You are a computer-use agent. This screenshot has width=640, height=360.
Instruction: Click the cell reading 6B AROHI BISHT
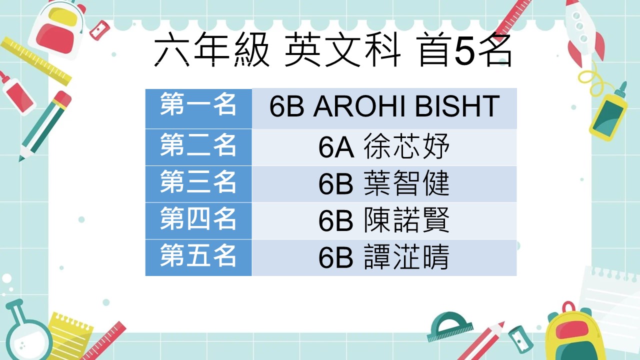[384, 108]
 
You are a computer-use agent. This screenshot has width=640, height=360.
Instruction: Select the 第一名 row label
[198, 108]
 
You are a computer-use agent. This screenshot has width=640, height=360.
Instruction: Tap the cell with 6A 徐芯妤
[384, 147]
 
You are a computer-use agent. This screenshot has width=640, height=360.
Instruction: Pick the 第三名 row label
[198, 184]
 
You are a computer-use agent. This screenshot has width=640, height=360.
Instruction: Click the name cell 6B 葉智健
[384, 184]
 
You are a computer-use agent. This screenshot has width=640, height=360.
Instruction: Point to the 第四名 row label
[198, 221]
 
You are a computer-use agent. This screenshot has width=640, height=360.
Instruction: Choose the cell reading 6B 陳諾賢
[384, 221]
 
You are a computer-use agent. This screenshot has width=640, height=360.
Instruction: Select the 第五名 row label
[198, 257]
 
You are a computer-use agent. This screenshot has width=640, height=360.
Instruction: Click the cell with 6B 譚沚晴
[384, 257]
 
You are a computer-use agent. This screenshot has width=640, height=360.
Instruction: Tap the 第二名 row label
[198, 147]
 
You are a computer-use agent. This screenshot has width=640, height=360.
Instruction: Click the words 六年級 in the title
[211, 49]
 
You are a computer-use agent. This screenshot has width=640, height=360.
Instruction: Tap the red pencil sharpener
[99, 29]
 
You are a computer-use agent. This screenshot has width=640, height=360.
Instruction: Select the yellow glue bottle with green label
[609, 113]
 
